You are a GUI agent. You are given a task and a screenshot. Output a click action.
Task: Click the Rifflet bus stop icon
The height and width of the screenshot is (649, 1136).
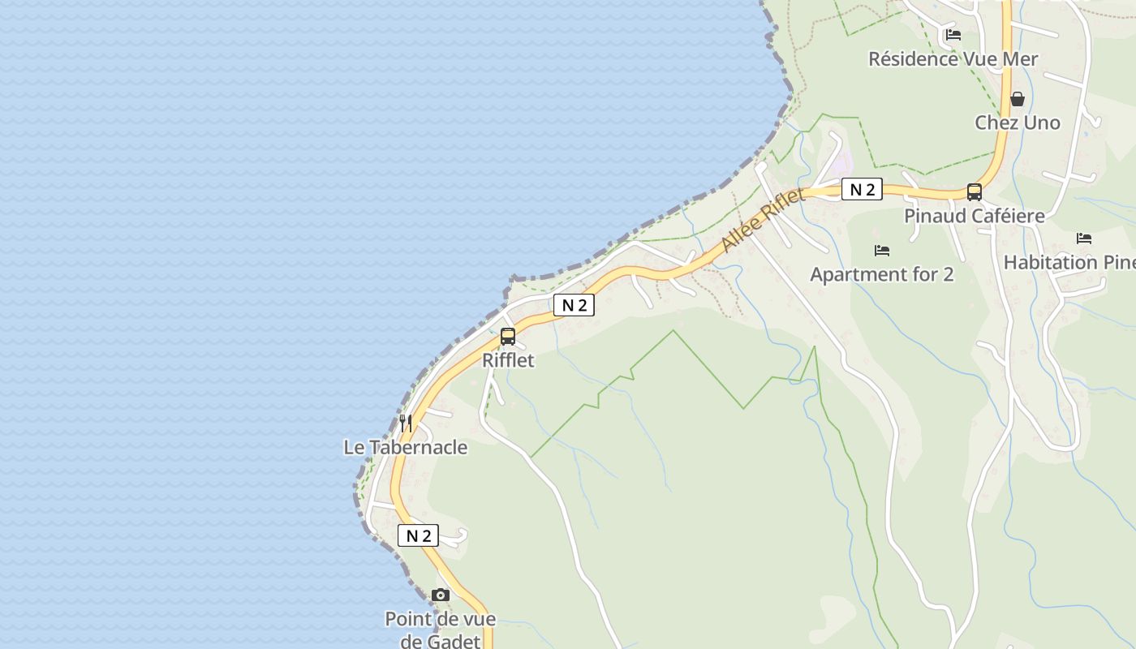508,336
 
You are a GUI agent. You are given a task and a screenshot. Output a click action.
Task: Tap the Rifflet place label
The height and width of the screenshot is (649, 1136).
509,360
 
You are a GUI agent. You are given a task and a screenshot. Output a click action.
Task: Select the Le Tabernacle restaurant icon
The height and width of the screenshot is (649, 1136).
406,423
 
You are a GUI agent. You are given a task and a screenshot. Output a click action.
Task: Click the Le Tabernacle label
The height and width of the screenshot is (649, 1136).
406,447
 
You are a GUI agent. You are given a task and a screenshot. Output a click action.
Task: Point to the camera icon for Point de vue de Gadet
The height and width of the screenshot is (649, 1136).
441,595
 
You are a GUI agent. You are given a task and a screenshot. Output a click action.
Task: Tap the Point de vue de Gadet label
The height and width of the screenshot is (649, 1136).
441,630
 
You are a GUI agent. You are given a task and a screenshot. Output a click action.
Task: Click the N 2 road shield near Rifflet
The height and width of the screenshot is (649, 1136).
574,305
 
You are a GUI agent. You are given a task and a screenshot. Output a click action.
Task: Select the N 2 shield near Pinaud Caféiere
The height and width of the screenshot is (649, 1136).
861,190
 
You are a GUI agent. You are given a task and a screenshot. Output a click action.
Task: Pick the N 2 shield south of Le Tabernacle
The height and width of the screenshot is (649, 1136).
418,535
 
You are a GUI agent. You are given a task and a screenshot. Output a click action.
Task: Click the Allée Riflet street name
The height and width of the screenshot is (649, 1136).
762,219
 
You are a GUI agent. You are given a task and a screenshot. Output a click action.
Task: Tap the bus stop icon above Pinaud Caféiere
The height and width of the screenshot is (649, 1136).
975,192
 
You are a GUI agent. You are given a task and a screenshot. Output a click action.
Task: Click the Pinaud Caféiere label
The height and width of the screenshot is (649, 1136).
975,216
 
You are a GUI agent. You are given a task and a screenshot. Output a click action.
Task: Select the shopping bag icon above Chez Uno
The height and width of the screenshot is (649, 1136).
1018,99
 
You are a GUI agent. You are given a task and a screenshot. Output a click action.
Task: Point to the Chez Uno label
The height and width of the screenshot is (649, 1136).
1018,122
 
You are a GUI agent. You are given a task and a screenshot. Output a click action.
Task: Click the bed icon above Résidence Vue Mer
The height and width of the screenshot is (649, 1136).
953,35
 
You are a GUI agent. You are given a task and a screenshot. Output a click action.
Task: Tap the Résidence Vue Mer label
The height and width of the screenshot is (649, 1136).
953,58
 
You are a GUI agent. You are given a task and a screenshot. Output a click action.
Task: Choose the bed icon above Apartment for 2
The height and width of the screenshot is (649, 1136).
882,251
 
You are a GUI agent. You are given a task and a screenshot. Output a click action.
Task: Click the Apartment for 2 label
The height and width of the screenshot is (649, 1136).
882,274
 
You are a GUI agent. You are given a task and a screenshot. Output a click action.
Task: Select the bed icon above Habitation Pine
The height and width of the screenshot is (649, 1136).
1084,239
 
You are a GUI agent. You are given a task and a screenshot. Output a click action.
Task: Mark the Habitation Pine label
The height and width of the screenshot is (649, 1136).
1069,262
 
